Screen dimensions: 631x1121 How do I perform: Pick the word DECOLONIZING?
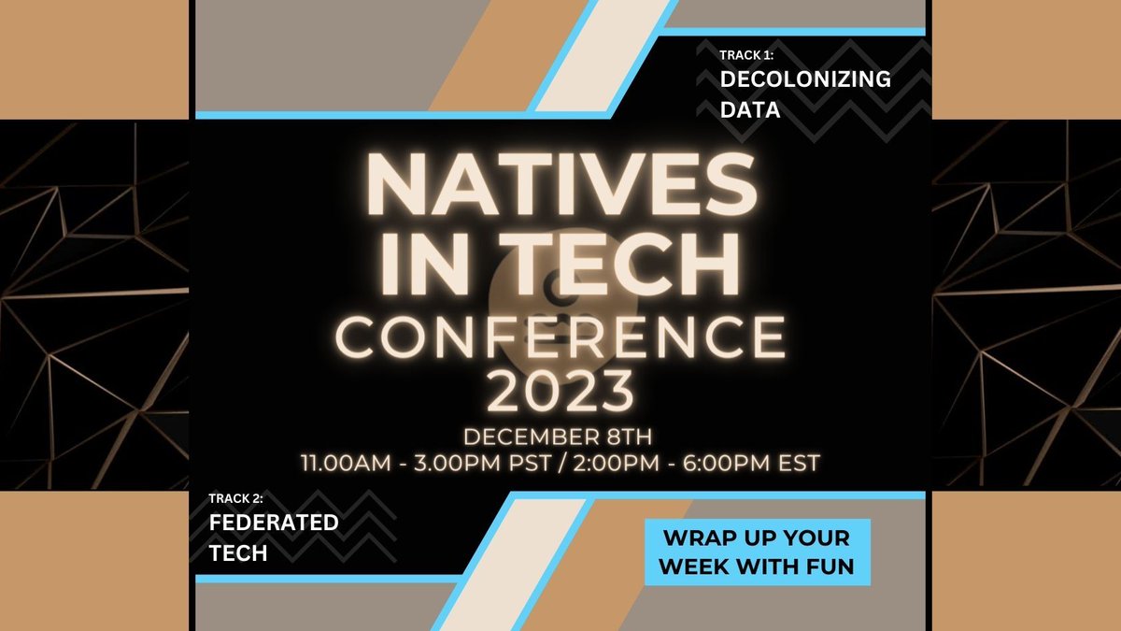tap(805, 80)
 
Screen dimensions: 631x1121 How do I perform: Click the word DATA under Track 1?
tap(750, 111)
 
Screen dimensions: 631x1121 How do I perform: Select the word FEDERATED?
tap(274, 523)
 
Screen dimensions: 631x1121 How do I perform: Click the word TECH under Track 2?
tap(238, 553)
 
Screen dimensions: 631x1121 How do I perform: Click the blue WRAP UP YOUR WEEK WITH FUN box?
tap(757, 552)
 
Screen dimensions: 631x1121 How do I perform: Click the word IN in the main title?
tap(418, 266)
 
